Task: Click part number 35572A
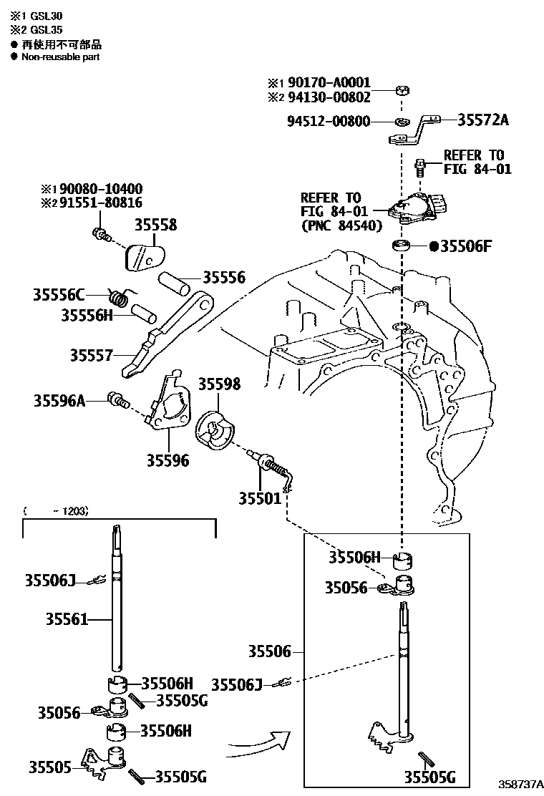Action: click(x=482, y=120)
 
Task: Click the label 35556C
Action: click(x=59, y=294)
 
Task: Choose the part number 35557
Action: click(x=92, y=355)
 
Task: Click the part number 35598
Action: click(x=219, y=384)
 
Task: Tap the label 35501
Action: click(x=261, y=497)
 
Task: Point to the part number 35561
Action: click(x=67, y=618)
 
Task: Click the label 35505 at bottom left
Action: click(x=50, y=767)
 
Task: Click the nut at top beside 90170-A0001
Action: click(x=404, y=91)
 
